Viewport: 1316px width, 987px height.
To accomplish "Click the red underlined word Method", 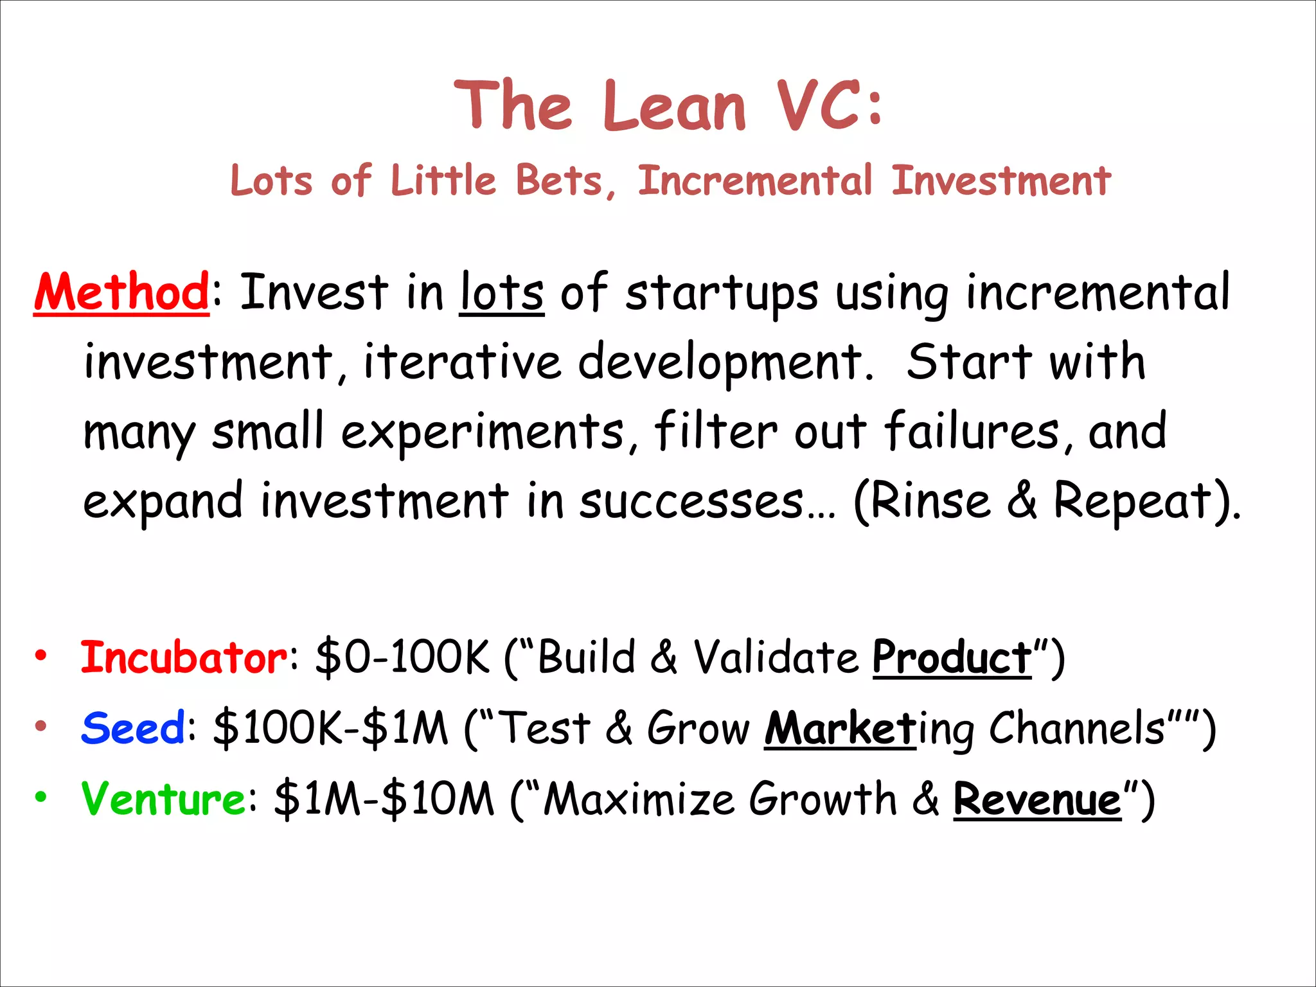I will coord(121,292).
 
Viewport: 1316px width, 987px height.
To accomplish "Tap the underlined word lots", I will coord(502,292).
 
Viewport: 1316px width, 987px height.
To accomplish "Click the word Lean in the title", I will coord(674,106).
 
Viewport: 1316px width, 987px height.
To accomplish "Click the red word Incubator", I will coord(184,657).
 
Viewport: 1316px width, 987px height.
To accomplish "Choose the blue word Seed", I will coord(133,728).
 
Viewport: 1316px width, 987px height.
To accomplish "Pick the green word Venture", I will coord(163,799).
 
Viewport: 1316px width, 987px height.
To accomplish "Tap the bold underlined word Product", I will coord(952,657).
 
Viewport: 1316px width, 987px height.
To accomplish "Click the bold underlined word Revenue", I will coord(1037,799).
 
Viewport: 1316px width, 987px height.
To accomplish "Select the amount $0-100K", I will coord(402,657).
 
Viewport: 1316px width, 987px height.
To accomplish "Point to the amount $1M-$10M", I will coord(384,799).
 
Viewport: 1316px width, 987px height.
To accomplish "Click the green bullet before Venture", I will coord(41,797).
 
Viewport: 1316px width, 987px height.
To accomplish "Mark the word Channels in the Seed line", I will coord(1077,728).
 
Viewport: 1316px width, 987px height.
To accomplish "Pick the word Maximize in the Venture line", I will coord(639,799).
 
